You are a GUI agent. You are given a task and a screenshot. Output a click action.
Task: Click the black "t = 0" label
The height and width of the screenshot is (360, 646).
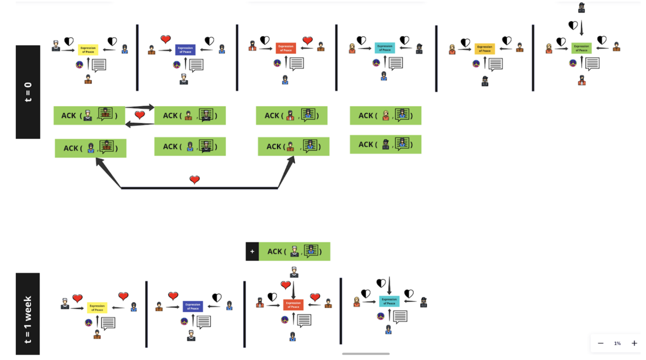(28, 92)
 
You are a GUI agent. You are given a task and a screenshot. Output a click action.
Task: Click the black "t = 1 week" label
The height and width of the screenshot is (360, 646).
(28, 314)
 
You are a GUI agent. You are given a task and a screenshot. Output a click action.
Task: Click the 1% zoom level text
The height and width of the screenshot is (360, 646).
(617, 343)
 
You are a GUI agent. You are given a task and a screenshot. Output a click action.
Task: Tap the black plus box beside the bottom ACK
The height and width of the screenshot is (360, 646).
(252, 251)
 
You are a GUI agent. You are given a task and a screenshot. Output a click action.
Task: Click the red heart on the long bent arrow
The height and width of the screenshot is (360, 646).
(195, 180)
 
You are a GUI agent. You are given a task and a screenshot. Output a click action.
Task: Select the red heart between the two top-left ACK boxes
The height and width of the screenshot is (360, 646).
(140, 115)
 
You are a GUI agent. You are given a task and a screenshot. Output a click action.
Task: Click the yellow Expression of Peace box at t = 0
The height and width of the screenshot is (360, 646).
(88, 50)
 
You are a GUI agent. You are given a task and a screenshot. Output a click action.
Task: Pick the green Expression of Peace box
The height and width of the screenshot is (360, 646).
(581, 48)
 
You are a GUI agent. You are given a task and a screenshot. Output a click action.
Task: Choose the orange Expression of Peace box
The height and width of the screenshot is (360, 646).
(485, 49)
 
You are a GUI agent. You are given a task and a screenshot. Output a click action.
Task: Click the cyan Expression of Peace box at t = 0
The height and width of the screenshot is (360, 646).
(385, 48)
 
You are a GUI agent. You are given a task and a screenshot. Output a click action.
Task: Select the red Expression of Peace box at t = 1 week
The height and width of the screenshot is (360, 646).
(293, 305)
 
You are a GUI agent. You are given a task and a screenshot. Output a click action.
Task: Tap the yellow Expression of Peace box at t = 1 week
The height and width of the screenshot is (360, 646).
(97, 307)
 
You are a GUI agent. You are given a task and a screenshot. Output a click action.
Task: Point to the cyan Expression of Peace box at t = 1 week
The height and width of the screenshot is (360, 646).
(389, 301)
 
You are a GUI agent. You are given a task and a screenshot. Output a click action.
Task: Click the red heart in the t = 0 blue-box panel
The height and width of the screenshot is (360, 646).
(165, 39)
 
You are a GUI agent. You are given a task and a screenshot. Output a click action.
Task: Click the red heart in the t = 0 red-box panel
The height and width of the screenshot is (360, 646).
(307, 40)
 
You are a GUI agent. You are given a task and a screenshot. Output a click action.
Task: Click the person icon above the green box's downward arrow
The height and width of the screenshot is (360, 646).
(581, 7)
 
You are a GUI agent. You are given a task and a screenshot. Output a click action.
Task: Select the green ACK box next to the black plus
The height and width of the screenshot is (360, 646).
(294, 251)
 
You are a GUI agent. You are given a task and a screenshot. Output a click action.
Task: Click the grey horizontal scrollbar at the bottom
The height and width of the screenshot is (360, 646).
(366, 354)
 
